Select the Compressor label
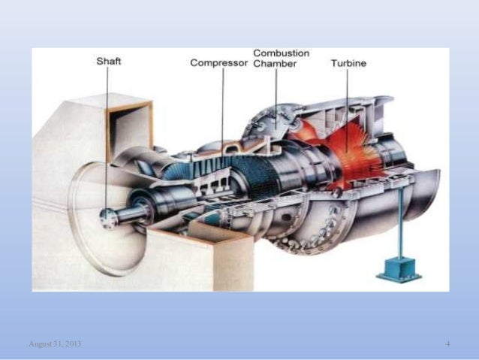(x=218, y=63)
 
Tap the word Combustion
(x=281, y=53)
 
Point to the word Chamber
(x=274, y=64)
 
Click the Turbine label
(x=348, y=63)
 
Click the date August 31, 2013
(x=55, y=343)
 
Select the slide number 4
(x=447, y=343)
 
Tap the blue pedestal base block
(x=399, y=268)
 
